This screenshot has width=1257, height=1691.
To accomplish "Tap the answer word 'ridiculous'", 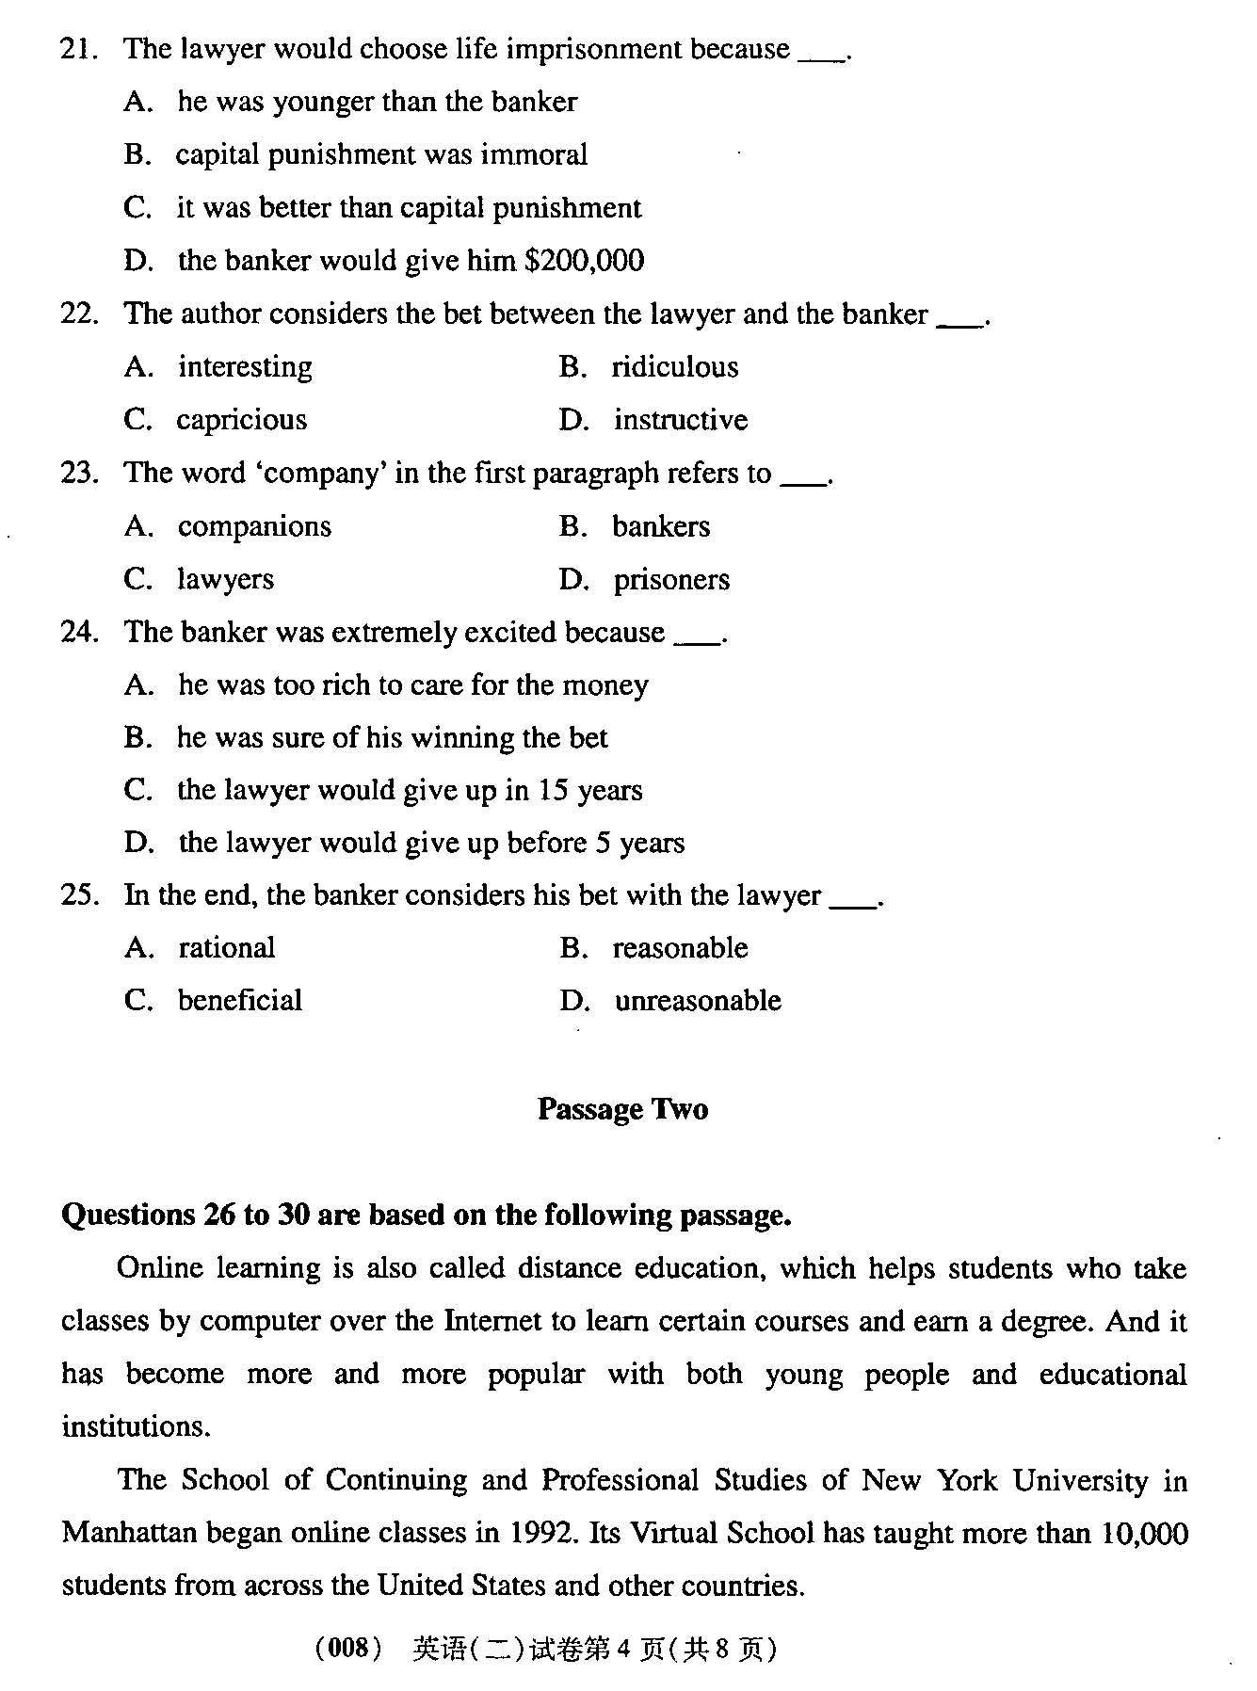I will [675, 367].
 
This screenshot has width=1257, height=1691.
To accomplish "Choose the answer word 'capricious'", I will [242, 420].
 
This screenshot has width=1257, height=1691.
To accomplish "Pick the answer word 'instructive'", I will [681, 420].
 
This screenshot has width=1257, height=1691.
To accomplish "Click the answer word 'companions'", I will [254, 526].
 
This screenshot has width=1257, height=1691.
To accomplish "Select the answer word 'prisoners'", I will [671, 579].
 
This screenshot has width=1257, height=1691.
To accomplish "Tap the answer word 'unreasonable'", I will [698, 1001].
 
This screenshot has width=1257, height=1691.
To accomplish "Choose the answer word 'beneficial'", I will [240, 1001].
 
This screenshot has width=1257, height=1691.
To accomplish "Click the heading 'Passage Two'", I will [622, 1109].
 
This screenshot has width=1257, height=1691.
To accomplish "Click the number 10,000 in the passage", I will [1143, 1534].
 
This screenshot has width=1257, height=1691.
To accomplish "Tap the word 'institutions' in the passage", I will [134, 1427].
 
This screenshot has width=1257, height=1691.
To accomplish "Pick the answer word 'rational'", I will [227, 948].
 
